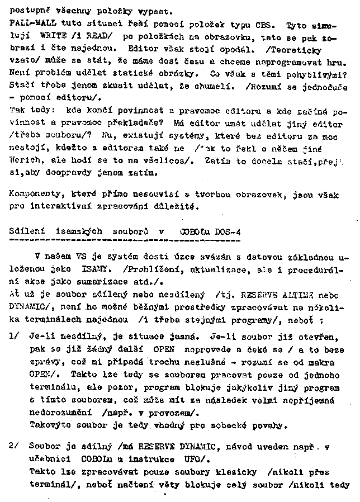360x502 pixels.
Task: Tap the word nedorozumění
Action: click(58, 414)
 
